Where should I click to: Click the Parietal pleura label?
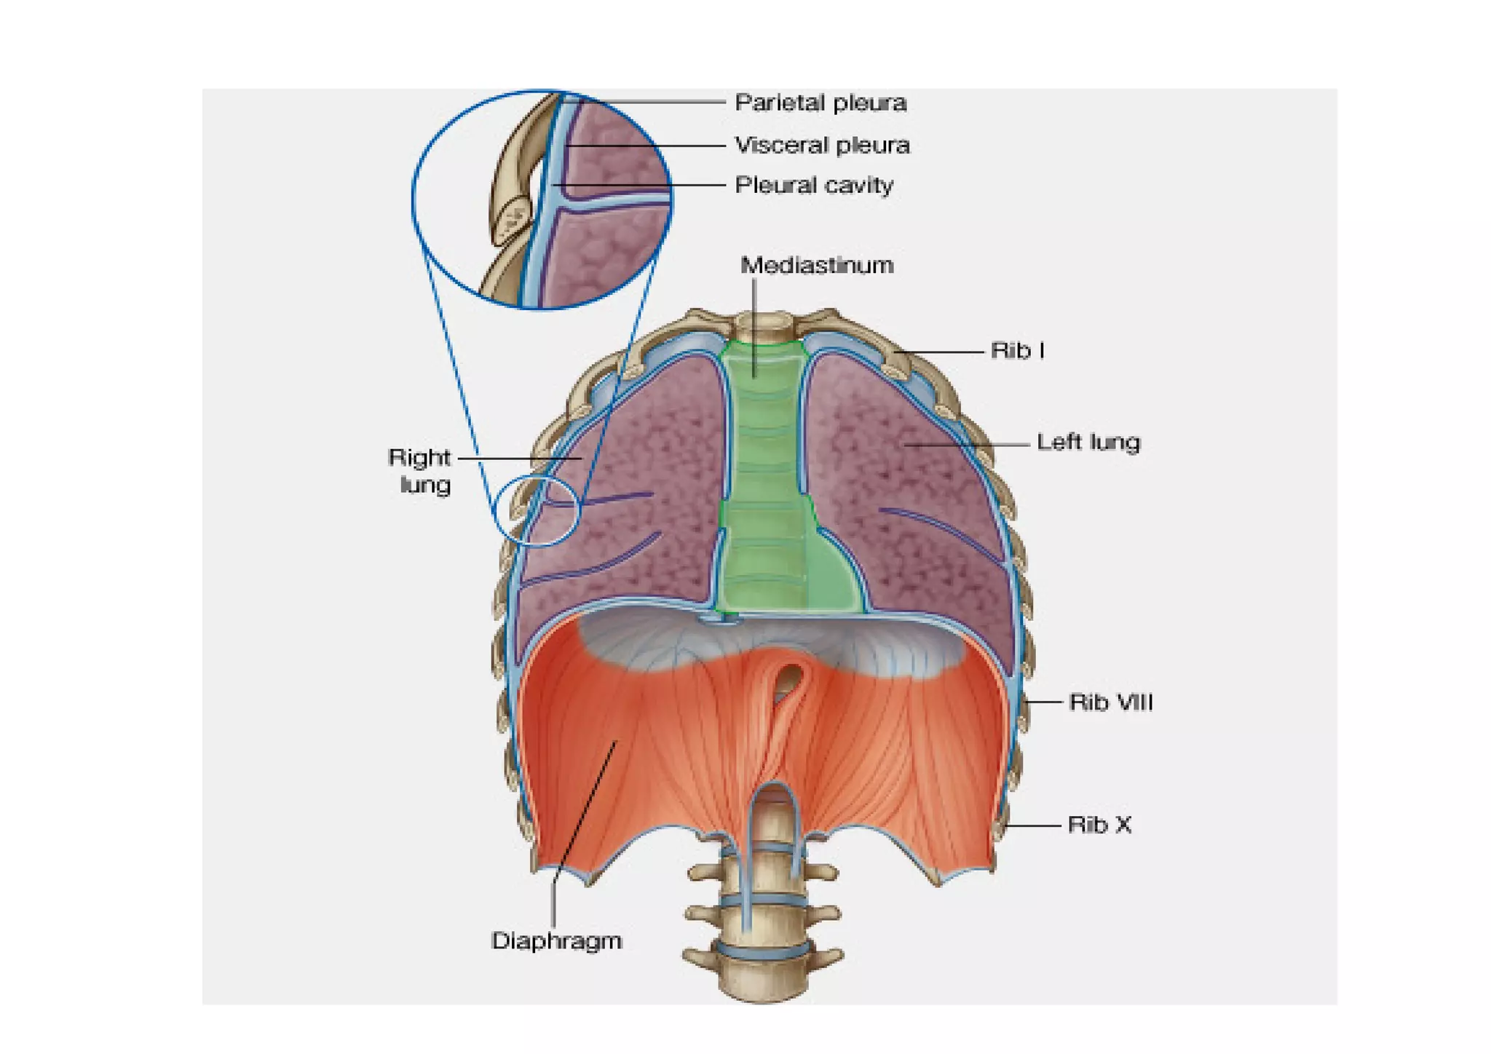(820, 103)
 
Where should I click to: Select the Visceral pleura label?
(822, 146)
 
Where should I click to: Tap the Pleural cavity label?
(814, 186)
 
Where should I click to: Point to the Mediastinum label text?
(817, 265)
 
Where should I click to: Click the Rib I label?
(1018, 351)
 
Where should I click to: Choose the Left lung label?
(1088, 443)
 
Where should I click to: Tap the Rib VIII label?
(1110, 702)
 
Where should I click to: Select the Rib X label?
(1099, 825)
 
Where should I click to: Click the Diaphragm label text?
(557, 940)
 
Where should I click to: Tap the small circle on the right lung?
(537, 510)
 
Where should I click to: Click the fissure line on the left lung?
(939, 531)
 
